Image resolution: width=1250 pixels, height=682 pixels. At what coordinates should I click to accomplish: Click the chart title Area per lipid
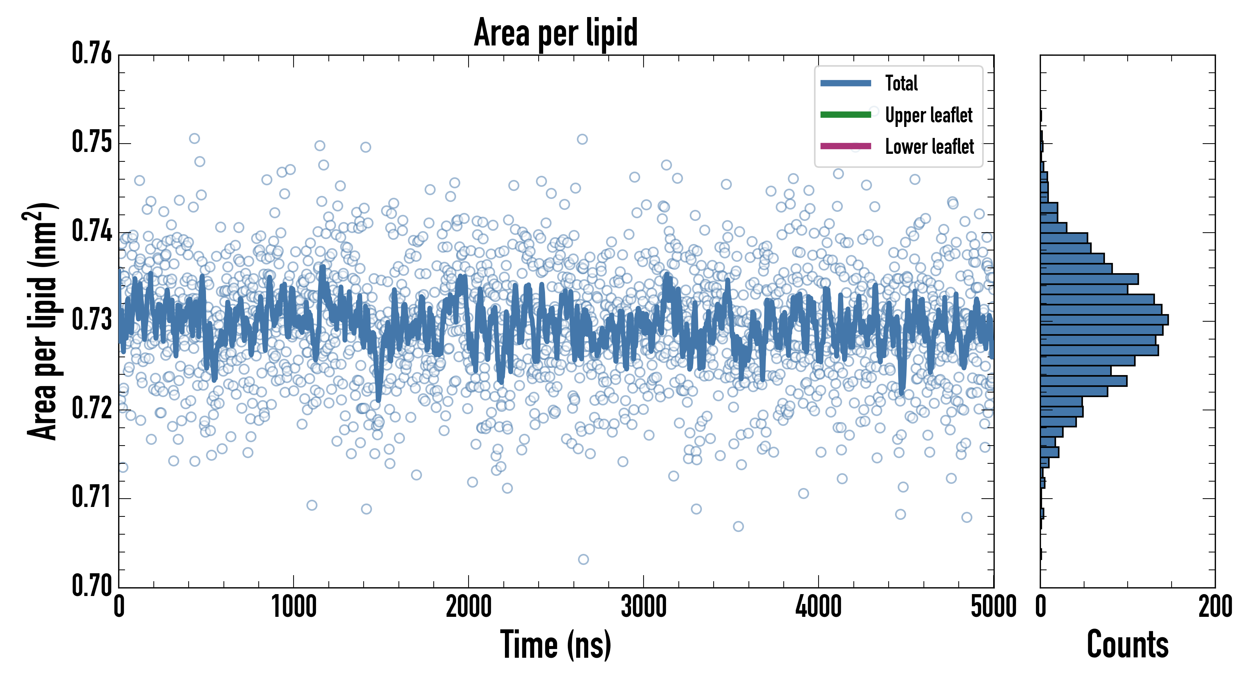click(x=556, y=33)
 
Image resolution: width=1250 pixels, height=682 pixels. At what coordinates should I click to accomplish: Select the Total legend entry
click(x=901, y=83)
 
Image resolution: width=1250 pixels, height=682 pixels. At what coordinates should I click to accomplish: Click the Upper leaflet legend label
click(x=928, y=116)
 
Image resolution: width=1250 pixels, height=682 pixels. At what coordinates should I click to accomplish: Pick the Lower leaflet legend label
click(x=929, y=147)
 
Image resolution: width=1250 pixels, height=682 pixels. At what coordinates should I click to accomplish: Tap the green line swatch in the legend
click(x=845, y=114)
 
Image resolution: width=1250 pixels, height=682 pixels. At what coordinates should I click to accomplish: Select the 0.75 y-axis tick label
click(x=92, y=143)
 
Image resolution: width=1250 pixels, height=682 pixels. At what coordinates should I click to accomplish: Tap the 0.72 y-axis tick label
click(x=92, y=409)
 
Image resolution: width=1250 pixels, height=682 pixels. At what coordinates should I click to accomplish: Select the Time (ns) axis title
click(x=556, y=645)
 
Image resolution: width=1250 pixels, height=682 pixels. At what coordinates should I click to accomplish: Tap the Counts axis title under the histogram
click(x=1127, y=645)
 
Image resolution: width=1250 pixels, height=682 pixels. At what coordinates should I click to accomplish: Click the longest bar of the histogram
click(x=1104, y=320)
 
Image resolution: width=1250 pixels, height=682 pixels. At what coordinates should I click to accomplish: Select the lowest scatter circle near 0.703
click(x=583, y=560)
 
